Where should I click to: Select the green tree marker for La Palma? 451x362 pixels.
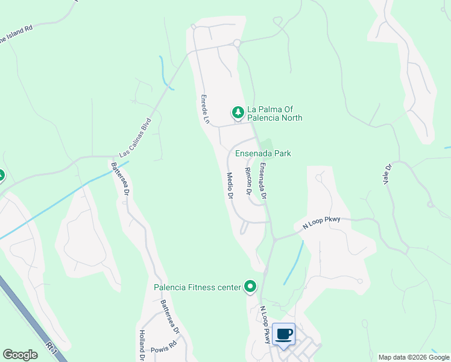coord(238,113)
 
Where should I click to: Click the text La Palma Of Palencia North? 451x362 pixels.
coord(274,113)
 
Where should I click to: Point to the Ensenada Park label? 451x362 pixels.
coord(263,153)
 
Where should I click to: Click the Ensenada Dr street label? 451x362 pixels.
coord(262,181)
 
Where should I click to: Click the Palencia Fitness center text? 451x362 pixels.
coord(197,287)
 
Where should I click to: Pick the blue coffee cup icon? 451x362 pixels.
coord(283,334)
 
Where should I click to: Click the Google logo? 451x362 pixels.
coord(20,355)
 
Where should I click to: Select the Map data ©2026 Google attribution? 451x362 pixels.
coord(413,357)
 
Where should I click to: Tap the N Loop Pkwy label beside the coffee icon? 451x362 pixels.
coord(265,324)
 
